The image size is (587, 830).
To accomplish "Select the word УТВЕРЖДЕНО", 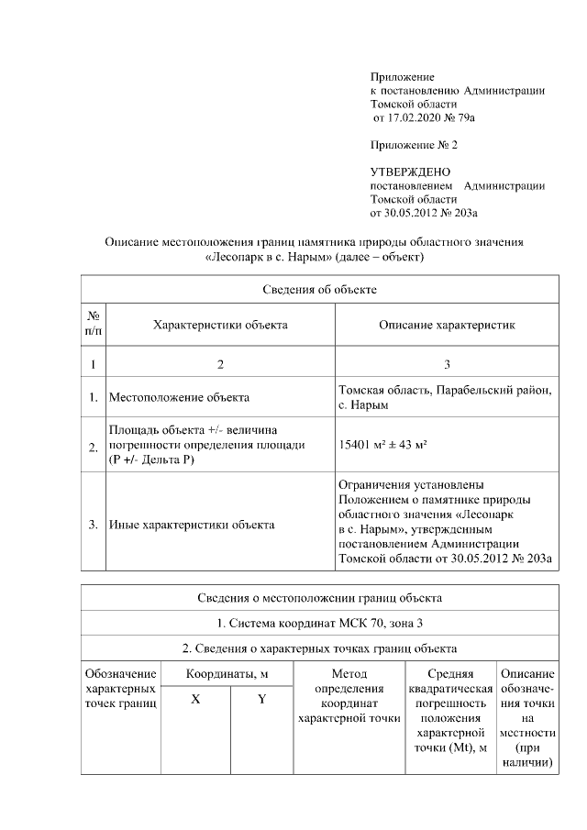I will tap(410, 172).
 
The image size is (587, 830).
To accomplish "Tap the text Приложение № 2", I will tap(413, 145).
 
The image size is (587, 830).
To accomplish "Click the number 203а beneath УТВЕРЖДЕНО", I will tap(462, 213).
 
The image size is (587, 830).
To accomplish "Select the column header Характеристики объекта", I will tap(220, 325).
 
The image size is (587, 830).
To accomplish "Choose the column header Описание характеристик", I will tap(447, 325).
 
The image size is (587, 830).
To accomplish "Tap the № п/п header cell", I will tap(94, 325).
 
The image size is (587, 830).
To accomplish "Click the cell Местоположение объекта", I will tap(179, 398).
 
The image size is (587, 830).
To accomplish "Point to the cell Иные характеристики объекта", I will tap(191, 526).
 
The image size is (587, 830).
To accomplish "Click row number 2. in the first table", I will tap(94, 447).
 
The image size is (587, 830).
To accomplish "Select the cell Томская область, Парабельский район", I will tap(445, 391).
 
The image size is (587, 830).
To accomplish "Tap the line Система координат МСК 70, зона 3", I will tap(319, 624).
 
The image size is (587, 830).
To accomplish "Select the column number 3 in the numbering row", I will tap(447, 364).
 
